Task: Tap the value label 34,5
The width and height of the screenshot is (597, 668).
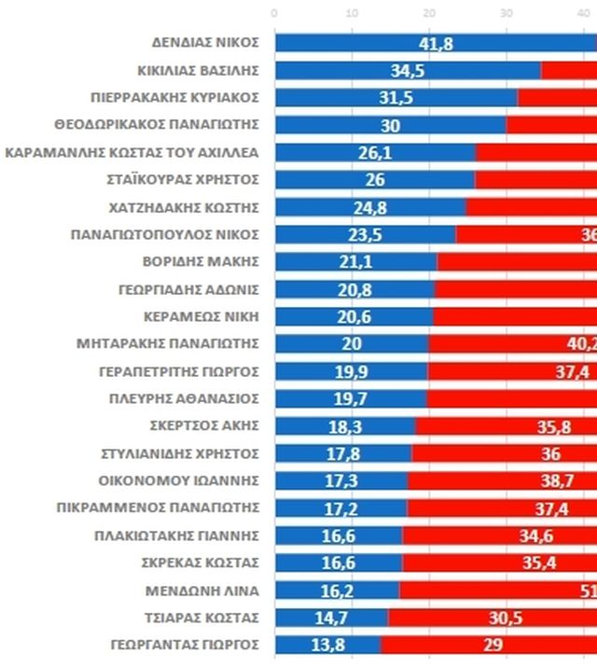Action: point(408,71)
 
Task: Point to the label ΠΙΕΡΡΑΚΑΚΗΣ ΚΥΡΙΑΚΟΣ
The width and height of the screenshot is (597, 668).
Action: point(174,98)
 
